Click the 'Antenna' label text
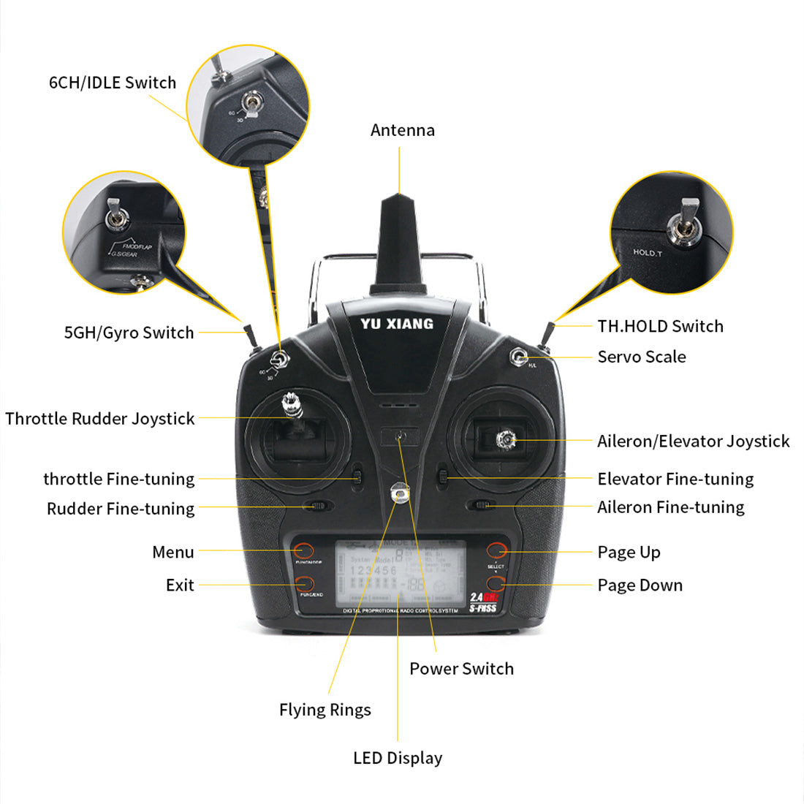click(x=402, y=130)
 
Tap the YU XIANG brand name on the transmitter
click(x=397, y=324)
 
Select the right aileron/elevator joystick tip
click(x=506, y=439)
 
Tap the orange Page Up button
click(x=497, y=550)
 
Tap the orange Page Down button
click(x=497, y=583)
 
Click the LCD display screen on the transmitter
click(x=400, y=574)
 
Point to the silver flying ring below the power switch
click(x=398, y=494)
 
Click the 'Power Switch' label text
click(x=461, y=669)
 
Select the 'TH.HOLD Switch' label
click(x=660, y=326)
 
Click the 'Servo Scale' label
click(x=642, y=357)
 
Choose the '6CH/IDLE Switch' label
click(x=113, y=83)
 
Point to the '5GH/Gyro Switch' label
click(x=129, y=333)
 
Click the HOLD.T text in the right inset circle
click(x=648, y=253)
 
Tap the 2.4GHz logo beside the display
click(x=483, y=597)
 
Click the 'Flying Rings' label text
click(x=325, y=710)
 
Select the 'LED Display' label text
click(x=398, y=758)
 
